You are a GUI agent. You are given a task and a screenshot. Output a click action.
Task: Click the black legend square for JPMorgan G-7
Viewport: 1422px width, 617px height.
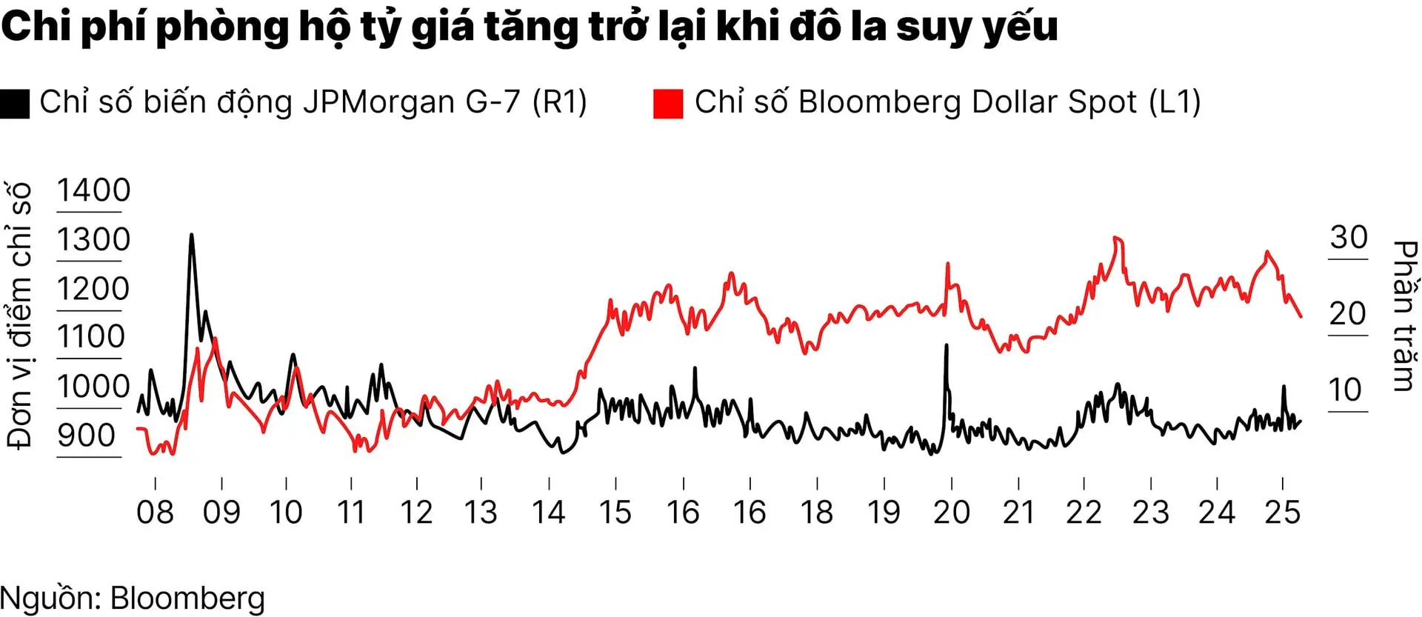click(x=15, y=104)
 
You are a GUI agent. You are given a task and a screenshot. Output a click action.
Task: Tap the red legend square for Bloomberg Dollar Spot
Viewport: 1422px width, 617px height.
click(x=667, y=104)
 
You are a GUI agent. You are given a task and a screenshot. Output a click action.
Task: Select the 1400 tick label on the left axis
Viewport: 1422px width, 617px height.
click(x=93, y=190)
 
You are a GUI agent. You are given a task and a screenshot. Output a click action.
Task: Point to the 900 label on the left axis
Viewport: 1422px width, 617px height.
click(x=87, y=436)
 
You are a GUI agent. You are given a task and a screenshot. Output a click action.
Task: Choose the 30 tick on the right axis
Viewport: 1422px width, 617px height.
click(x=1348, y=238)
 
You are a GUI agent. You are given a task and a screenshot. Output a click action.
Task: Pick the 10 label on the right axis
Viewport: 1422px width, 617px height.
click(x=1346, y=390)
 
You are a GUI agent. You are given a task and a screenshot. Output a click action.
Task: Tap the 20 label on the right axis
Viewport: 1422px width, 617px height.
click(x=1347, y=314)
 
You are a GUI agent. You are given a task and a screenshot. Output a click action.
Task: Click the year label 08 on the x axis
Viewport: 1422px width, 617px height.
click(x=155, y=513)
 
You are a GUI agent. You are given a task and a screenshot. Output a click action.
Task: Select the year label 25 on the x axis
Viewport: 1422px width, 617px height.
click(x=1282, y=513)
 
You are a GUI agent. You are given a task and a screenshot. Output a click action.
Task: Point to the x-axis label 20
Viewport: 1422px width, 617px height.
click(x=951, y=513)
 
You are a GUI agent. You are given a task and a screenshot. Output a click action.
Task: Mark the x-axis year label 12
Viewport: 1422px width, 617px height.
click(x=416, y=513)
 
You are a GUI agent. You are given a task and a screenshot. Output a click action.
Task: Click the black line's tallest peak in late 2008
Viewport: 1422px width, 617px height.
click(x=191, y=236)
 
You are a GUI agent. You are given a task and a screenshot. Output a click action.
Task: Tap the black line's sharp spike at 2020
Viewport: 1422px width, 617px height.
click(x=946, y=346)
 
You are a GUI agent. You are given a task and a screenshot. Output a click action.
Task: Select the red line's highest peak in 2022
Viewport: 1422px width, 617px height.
click(x=1115, y=238)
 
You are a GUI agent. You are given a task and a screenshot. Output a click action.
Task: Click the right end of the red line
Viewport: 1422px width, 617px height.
click(x=1301, y=316)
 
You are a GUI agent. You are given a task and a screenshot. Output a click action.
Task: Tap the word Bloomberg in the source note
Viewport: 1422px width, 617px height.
click(x=187, y=598)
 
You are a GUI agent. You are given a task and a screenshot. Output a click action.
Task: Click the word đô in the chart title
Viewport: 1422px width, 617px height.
click(x=815, y=27)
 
